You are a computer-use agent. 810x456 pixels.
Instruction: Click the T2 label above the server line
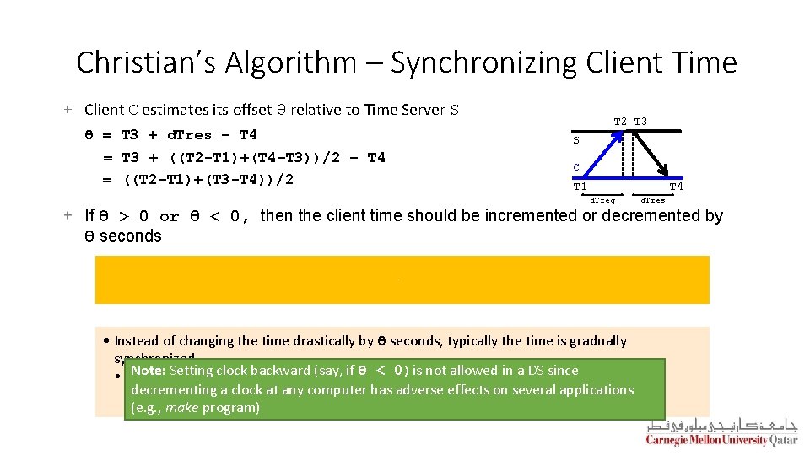620,122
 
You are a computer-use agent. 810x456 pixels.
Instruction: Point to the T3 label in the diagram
640,122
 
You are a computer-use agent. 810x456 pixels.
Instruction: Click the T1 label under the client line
580,187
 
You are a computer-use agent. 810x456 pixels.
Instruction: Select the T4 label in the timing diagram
676,187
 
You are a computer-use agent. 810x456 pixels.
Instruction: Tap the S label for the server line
576,141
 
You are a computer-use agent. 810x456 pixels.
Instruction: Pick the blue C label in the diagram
576,167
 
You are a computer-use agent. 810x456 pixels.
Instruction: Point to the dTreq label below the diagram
602,200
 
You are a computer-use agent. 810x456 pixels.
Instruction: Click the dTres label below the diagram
653,200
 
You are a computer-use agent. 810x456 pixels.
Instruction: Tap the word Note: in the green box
148,371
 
